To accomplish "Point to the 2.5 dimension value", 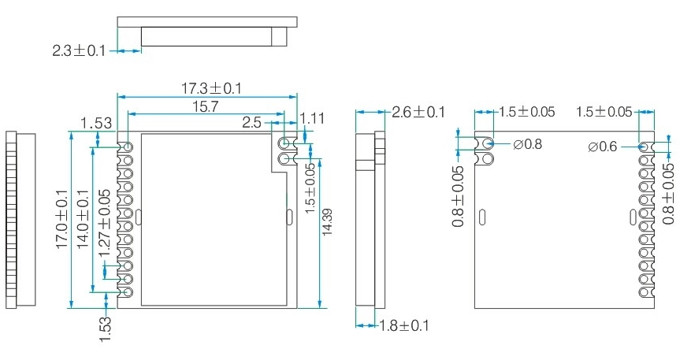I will click(x=252, y=123).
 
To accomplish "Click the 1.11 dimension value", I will click(x=313, y=118).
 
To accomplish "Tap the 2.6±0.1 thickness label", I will click(x=418, y=113).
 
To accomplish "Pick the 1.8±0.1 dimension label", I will click(x=404, y=325).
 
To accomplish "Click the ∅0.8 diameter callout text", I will click(x=527, y=145).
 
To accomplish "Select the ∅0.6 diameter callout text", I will click(x=604, y=147).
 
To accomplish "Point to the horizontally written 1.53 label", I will click(x=96, y=123).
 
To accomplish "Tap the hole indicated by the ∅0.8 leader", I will click(x=488, y=144).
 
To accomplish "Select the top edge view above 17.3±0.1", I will click(x=206, y=32).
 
